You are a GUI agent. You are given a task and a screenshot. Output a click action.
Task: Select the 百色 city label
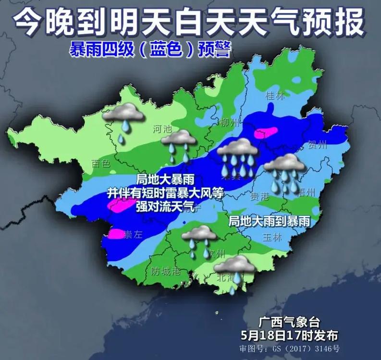[x=101, y=164]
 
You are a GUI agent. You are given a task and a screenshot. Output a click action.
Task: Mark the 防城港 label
[x=166, y=272]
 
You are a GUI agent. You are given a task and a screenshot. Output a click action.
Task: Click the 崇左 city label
[x=134, y=235]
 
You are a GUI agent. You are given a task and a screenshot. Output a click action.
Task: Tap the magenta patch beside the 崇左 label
[x=115, y=234]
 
